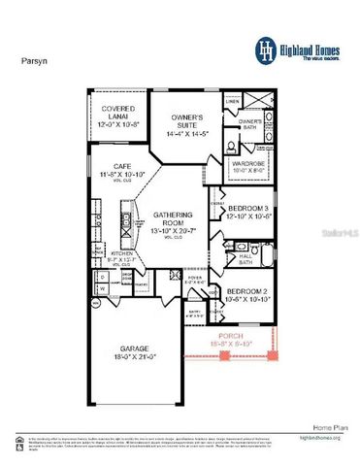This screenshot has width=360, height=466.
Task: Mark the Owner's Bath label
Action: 251,122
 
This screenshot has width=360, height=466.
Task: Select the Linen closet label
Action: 233,100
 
